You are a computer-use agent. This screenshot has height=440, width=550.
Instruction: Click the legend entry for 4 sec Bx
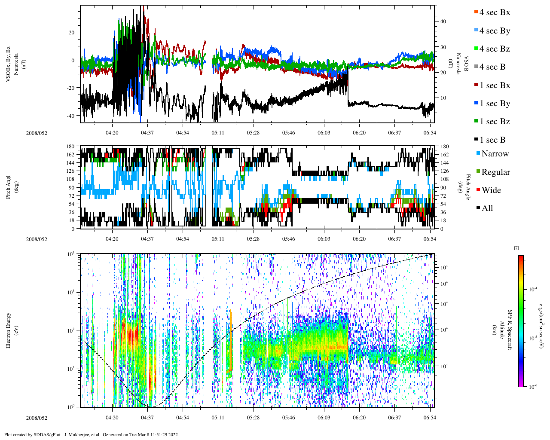pos(494,12)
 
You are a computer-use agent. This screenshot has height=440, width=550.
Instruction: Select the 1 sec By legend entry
pos(494,104)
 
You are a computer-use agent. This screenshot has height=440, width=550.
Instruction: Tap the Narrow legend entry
pos(495,154)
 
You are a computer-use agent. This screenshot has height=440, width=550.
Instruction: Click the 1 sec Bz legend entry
pos(494,122)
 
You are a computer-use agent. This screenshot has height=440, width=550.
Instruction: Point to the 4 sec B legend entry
pos(492,67)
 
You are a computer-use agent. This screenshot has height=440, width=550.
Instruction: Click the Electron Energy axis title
pos(9,330)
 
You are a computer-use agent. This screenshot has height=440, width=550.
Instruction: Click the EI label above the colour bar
pos(516,248)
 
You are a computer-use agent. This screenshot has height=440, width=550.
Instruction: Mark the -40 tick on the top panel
pos(72,115)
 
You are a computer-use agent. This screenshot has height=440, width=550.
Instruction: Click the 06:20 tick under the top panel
pos(359,133)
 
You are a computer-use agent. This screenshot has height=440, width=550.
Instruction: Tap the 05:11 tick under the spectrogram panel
pos(218,417)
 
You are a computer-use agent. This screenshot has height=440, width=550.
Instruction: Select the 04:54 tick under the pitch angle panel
pos(183,239)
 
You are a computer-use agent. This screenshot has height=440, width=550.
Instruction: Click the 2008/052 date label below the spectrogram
pos(37,418)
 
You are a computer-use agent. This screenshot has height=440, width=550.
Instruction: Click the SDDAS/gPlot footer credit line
pos(91,434)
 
